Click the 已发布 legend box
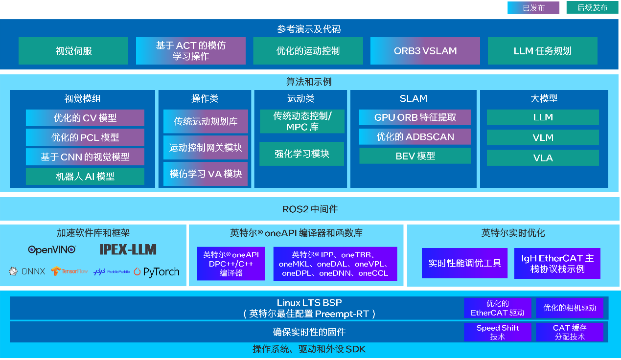tap(533, 8)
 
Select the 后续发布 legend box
tap(592, 8)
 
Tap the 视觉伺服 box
tap(73, 51)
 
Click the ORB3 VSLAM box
tap(425, 51)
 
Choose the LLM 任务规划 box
tap(542, 51)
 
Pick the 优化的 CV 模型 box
tap(85, 118)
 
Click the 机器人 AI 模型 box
tap(85, 177)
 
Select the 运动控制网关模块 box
tap(206, 147)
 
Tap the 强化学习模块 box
tap(301, 154)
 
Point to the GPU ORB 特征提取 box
tap(415, 117)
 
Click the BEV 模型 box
tap(415, 156)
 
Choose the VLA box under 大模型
tap(543, 158)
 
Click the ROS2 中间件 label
tap(310, 209)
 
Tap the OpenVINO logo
tap(52, 250)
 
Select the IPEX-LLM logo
tap(128, 249)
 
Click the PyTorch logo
tap(156, 272)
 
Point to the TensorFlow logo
tap(69, 271)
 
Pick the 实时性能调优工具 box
tap(464, 263)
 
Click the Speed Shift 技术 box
tap(497, 332)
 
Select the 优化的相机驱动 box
tap(570, 308)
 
